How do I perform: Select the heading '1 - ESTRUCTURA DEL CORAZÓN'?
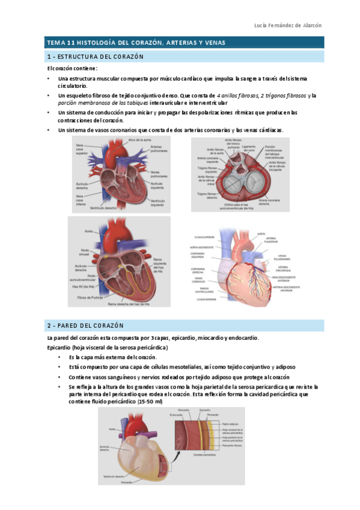(96, 57)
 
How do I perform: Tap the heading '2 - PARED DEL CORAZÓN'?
(85, 325)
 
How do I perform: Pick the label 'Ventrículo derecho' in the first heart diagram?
(103, 207)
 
